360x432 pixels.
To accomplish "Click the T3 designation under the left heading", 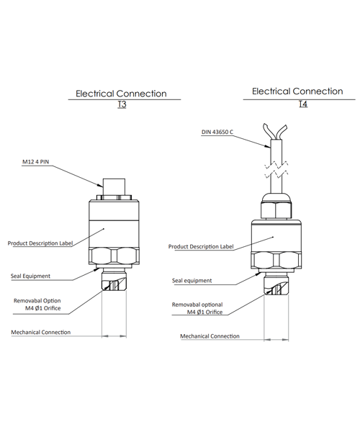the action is (122, 104).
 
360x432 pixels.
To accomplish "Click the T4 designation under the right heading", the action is (303, 104).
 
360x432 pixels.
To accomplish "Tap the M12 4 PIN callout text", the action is (35, 162).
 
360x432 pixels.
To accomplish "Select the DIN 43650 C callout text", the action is (217, 132).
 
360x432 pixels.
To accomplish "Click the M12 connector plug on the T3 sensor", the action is (114, 186).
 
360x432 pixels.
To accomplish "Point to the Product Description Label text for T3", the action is (40, 243).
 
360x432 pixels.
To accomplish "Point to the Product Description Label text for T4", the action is (201, 246).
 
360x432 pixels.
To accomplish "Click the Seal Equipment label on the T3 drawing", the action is (30, 276).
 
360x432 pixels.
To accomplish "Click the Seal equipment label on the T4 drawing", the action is (192, 281).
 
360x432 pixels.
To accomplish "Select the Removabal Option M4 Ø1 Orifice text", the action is (37, 305).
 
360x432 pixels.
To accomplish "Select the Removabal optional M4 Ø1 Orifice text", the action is (197, 308).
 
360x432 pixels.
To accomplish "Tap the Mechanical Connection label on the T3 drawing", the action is (41, 332).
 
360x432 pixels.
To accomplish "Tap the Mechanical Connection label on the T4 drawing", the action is (210, 336).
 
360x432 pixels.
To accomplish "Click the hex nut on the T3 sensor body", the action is (114, 256).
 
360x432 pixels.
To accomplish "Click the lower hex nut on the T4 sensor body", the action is (276, 260).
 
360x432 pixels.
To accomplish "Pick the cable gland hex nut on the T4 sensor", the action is (276, 210).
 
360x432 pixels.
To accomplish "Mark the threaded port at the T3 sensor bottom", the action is (114, 281).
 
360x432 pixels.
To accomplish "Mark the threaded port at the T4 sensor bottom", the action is (276, 285).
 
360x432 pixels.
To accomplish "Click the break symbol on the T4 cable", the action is (276, 169).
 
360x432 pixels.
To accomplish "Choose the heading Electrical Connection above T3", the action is (121, 94).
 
